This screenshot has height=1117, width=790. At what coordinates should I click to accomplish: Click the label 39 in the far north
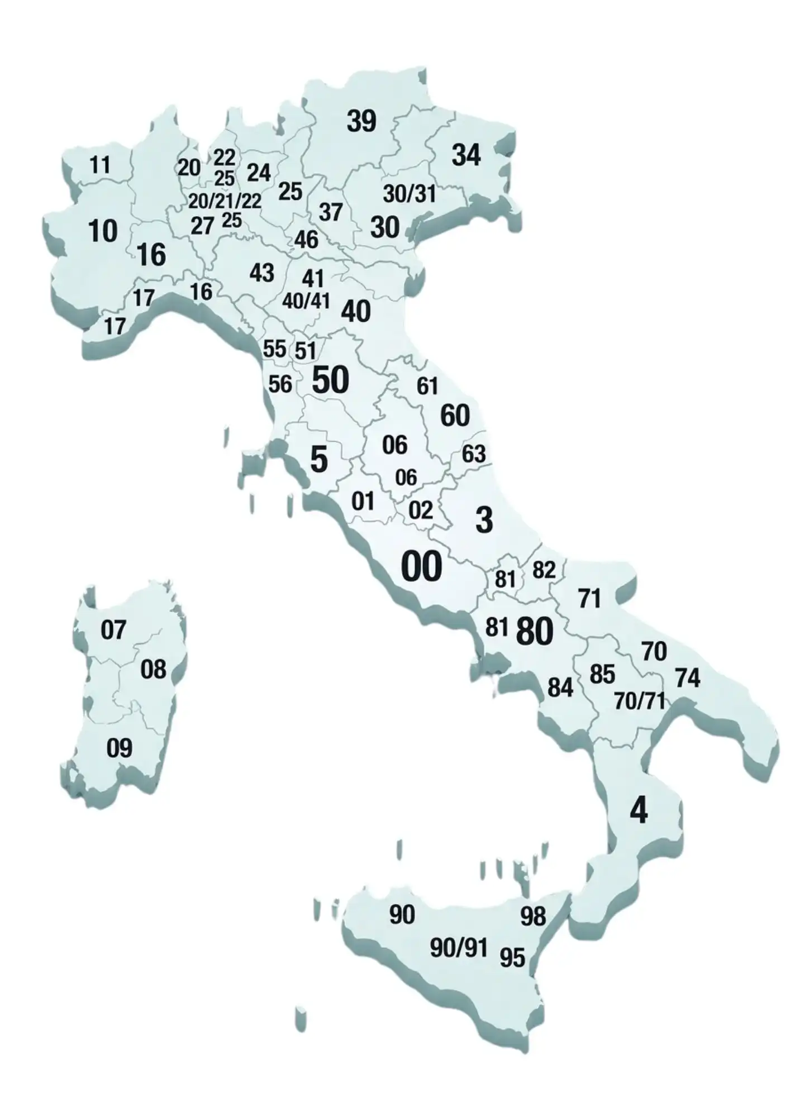point(361,121)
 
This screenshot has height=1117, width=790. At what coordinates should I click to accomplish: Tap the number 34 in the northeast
point(466,155)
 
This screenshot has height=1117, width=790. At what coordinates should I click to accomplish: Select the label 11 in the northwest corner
point(100,165)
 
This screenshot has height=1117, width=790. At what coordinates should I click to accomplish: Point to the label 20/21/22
point(225,201)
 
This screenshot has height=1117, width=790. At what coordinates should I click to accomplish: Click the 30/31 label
point(409,194)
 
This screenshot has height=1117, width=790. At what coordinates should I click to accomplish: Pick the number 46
point(306,240)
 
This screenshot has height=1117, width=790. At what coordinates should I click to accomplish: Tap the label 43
point(261,273)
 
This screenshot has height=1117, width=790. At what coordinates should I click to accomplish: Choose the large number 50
point(330,380)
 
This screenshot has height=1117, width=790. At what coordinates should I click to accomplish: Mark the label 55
point(274,349)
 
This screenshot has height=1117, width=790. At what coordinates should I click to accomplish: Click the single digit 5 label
point(318,460)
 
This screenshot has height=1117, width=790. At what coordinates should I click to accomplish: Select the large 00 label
point(421,566)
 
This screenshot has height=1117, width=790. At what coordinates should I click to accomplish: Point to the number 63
point(473,454)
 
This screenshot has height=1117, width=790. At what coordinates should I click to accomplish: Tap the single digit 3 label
point(484,520)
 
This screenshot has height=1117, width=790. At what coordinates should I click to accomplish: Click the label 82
point(544,570)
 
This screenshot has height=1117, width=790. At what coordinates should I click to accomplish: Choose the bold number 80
point(535,632)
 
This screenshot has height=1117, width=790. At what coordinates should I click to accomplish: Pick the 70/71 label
point(639,701)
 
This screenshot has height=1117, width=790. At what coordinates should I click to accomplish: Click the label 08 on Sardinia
point(153,669)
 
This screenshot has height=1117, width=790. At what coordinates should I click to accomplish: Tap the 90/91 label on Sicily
point(459,947)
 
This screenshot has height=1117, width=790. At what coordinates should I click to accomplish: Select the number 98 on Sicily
point(532,916)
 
